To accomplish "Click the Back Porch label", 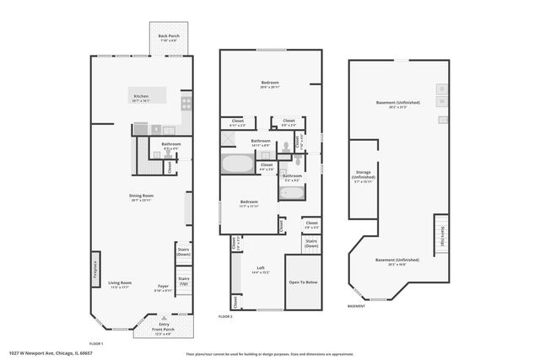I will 169,37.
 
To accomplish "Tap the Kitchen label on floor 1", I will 141,98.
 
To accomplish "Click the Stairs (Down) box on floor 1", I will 183,251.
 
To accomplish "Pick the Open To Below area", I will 304,283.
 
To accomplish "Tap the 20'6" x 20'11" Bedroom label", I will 271,84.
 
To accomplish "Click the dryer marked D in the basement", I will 440,89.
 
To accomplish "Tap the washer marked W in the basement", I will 440,101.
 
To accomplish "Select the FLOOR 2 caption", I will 224,316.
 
